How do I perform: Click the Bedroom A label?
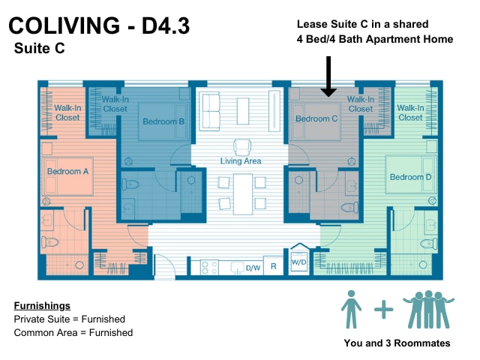click(x=67, y=171)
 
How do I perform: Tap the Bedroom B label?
click(x=163, y=121)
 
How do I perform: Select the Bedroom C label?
click(x=316, y=118)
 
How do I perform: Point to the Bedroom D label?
click(x=410, y=177)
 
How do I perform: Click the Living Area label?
click(x=241, y=160)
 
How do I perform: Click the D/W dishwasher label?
click(x=253, y=268)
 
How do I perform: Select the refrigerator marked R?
click(x=273, y=265)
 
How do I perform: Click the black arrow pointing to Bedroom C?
click(x=328, y=76)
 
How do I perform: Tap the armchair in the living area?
click(x=242, y=147)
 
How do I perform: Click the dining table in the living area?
click(x=243, y=194)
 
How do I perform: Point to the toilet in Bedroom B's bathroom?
click(x=130, y=184)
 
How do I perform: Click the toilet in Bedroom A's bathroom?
click(x=49, y=242)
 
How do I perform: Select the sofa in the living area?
click(x=210, y=111)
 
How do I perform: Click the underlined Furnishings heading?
click(x=42, y=305)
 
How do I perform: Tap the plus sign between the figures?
click(x=383, y=310)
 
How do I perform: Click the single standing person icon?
click(x=351, y=309)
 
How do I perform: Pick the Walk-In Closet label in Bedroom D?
click(x=410, y=112)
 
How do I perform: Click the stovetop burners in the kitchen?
click(x=209, y=267)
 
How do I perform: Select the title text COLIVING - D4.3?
click(x=99, y=25)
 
